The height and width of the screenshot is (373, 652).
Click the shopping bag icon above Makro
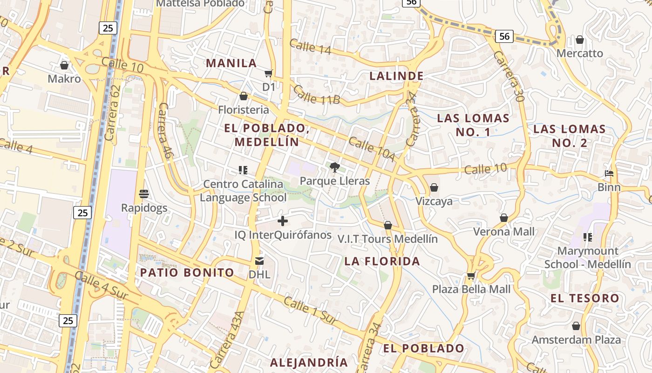(64, 65)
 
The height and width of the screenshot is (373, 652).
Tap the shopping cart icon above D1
(268, 73)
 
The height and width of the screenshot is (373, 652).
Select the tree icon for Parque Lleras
(334, 167)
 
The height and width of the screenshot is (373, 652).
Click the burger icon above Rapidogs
(144, 193)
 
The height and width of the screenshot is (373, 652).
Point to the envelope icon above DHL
(259, 261)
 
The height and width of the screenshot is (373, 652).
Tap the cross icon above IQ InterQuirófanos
(283, 221)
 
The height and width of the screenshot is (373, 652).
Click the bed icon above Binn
(609, 173)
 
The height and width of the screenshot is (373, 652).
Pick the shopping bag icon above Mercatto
(580, 40)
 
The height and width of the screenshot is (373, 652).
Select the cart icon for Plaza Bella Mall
(471, 276)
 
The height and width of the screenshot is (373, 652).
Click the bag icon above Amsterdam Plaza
(576, 326)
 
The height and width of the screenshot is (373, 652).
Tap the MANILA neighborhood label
(231, 63)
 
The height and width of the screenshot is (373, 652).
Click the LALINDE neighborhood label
(396, 76)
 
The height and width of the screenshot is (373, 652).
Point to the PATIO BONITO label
(187, 272)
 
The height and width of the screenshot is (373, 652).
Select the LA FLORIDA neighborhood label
(382, 262)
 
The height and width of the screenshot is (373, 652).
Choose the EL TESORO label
(585, 298)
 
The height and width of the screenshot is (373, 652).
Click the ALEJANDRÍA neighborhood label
(309, 362)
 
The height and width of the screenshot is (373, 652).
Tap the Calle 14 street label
(310, 47)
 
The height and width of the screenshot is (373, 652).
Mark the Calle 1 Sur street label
(310, 311)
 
